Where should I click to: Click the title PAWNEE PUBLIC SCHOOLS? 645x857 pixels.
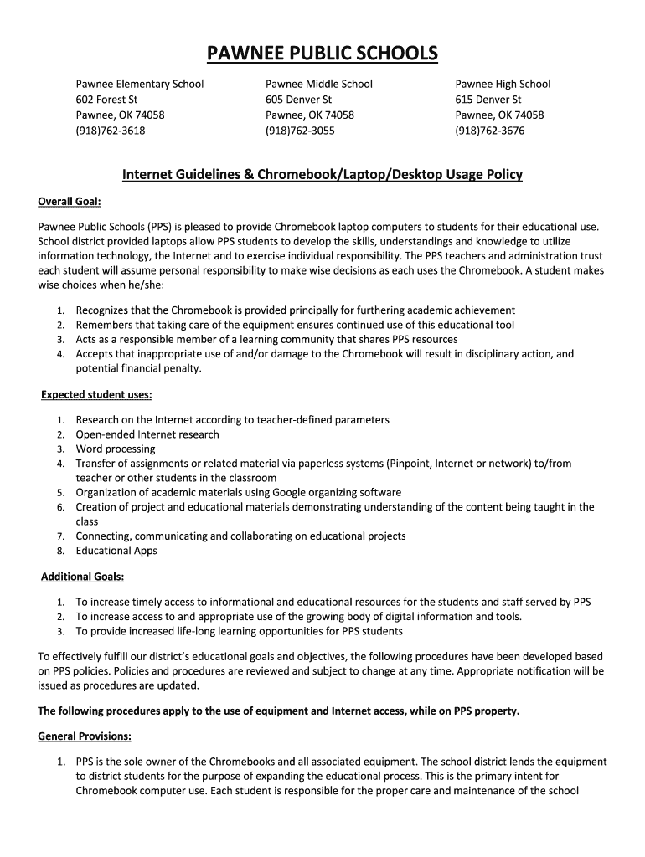click(322, 54)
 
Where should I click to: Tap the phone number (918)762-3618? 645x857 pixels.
click(110, 131)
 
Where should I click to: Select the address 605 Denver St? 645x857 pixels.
click(298, 100)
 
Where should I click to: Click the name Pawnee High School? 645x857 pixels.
click(503, 84)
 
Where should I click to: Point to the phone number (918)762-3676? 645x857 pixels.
click(489, 131)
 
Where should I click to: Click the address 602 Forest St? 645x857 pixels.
click(106, 100)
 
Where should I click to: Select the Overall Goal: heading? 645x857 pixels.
click(70, 202)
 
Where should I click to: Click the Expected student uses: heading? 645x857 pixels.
click(96, 394)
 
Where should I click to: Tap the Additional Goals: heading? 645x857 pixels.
click(83, 577)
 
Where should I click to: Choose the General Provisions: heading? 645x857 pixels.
click(85, 736)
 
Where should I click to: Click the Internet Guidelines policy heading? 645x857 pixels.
click(322, 174)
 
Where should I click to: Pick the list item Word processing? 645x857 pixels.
click(116, 449)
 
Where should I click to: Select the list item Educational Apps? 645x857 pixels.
click(116, 551)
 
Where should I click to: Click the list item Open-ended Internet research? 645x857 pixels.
click(147, 434)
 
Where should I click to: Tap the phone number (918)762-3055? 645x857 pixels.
click(300, 131)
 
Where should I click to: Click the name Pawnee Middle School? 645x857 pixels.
click(319, 84)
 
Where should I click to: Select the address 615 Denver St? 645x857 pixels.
click(488, 100)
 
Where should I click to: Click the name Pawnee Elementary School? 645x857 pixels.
click(140, 84)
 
